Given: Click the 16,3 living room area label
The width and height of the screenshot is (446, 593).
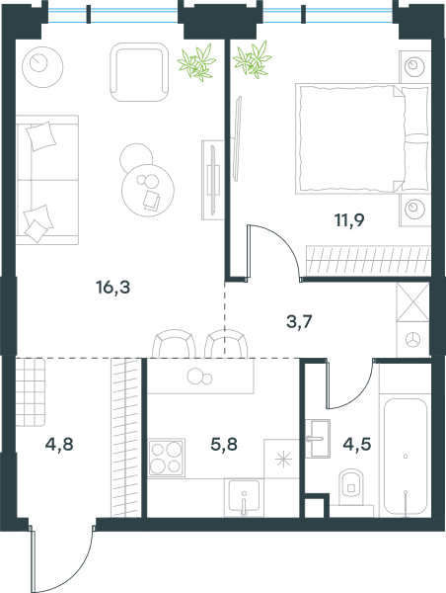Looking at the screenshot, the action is [113, 288].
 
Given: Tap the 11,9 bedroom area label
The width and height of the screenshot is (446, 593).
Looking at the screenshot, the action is [349, 219].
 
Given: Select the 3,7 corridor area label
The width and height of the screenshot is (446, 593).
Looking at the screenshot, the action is [299, 322].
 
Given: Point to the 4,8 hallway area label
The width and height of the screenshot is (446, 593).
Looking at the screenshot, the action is [59, 444].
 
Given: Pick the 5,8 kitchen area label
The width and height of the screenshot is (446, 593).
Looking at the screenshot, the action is [224, 444].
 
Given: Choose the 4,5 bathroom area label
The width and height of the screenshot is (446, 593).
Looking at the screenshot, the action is [357, 444].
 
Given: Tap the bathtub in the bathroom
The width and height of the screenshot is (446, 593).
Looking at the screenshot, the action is [406, 457].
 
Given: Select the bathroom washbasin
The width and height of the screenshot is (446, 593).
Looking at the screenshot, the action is [318, 438].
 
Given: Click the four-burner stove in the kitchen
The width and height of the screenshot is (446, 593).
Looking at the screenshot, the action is [166, 458].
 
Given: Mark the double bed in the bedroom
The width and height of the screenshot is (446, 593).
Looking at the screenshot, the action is [363, 138].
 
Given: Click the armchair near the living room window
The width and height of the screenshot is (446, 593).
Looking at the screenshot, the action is [139, 72].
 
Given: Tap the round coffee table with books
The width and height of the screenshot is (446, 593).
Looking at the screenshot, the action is [148, 190].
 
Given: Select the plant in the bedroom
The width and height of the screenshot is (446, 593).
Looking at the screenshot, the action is [252, 59].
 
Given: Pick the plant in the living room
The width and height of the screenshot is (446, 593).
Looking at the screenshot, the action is [196, 62].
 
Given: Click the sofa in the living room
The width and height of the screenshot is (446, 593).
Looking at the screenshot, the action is [47, 180].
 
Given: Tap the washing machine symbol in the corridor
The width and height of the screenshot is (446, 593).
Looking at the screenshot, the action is [412, 339].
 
